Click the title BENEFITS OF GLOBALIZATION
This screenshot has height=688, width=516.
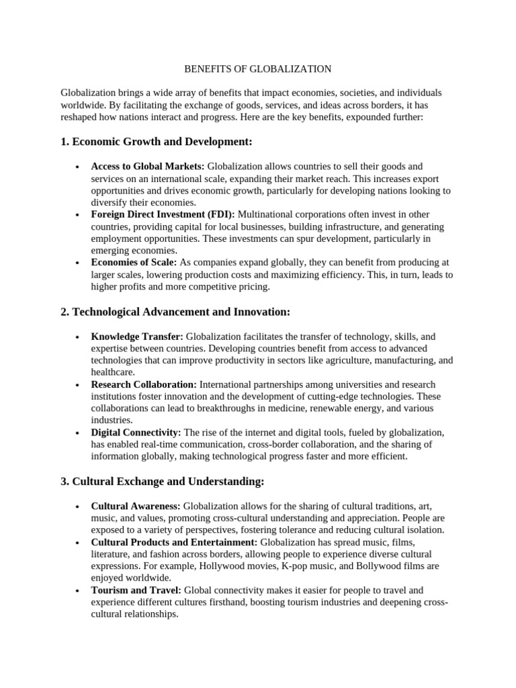[258, 69]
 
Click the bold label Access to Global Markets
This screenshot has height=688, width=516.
[148, 166]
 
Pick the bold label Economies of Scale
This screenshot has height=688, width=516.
[134, 262]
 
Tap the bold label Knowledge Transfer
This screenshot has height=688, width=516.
[137, 336]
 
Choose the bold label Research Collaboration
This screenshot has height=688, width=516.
[144, 384]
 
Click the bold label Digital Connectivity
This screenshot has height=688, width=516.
[136, 432]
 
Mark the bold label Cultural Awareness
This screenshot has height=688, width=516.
[136, 506]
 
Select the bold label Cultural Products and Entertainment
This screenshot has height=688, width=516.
[174, 542]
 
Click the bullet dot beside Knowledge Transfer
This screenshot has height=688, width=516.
[79, 337]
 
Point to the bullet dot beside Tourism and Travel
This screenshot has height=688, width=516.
[79, 591]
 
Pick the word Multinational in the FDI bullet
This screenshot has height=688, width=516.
[267, 214]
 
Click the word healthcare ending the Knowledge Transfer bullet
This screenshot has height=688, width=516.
[114, 372]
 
